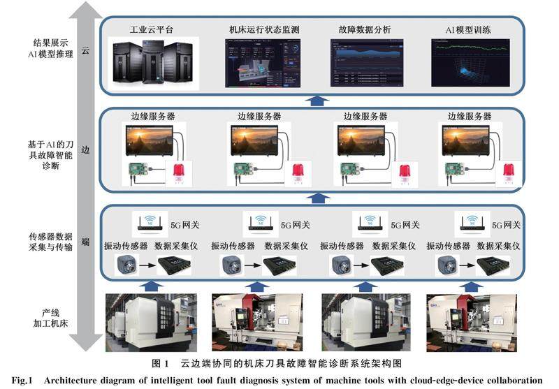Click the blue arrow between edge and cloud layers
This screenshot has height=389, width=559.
coord(319,99)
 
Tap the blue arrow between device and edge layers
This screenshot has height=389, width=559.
coord(319,198)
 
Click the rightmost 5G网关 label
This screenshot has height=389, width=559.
coord(507,225)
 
